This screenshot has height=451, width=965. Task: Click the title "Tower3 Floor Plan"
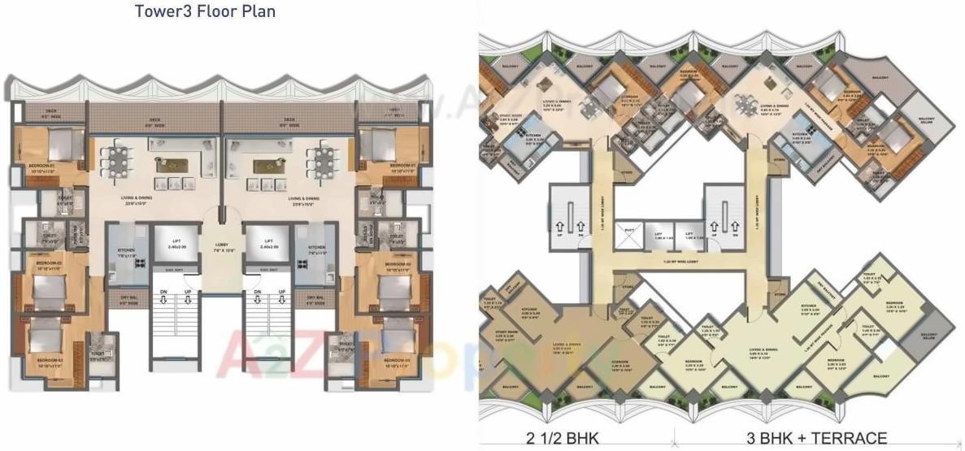pyautogui.click(x=206, y=11)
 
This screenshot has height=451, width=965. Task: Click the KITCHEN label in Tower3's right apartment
pyautogui.click(x=317, y=248)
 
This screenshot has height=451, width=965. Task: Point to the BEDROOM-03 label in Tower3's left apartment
pyautogui.click(x=50, y=360)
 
